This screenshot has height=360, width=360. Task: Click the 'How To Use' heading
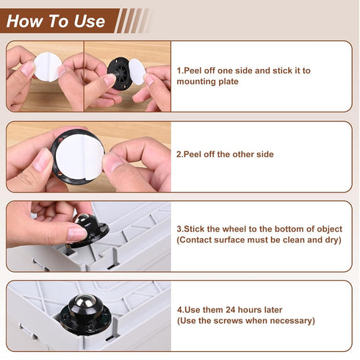(x=56, y=21)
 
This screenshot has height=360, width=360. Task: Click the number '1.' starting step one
(x=181, y=71)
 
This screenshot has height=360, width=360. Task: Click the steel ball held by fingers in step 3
(x=82, y=221)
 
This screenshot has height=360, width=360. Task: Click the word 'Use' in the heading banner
(x=89, y=21)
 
